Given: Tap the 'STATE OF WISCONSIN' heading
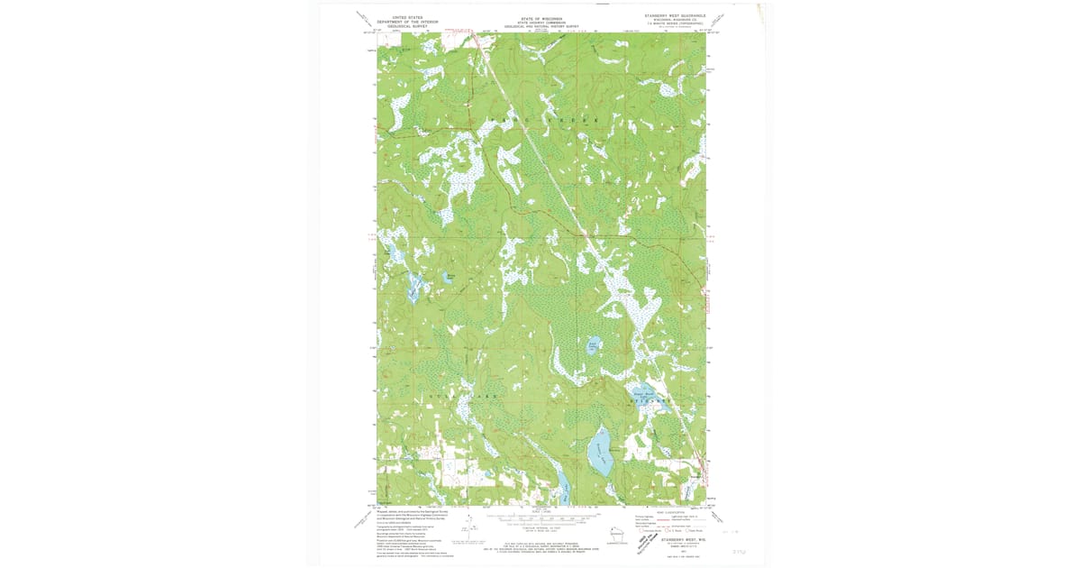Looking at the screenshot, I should point(542,18).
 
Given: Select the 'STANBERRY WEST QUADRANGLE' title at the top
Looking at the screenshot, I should point(675,15).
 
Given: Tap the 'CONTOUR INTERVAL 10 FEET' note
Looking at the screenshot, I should point(540,528).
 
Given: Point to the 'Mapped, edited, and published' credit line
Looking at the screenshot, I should point(411,510).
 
